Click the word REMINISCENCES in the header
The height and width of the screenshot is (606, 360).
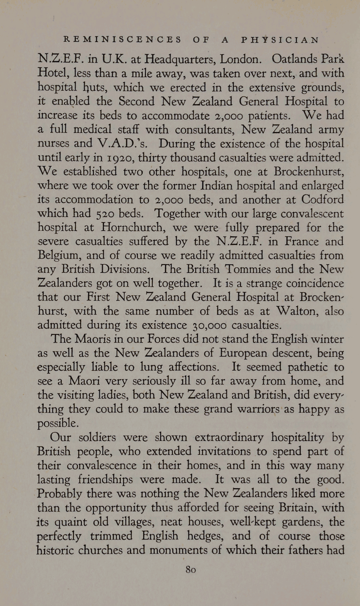point(123,40)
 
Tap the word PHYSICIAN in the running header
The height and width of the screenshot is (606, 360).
point(280,40)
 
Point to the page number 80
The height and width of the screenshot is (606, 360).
point(191,569)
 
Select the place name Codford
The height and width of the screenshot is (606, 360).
point(323,199)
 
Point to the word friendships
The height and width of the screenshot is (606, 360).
point(105,479)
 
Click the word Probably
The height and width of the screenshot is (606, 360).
point(59,494)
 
